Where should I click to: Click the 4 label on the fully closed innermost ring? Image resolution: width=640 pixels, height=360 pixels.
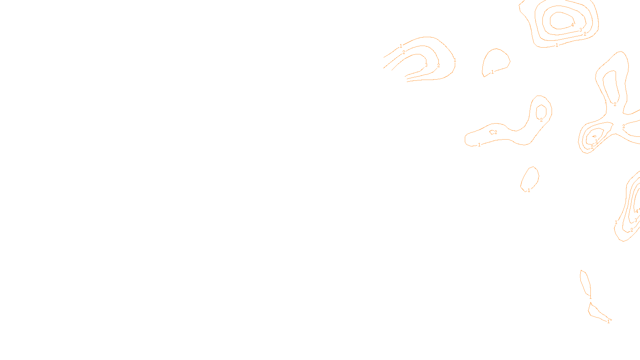(x=572, y=25)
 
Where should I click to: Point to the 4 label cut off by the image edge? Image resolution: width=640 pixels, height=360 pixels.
(x=637, y=211)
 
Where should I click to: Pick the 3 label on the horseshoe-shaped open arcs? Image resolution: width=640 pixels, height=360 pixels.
(x=426, y=65)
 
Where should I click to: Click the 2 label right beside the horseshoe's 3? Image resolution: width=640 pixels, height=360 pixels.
(x=438, y=65)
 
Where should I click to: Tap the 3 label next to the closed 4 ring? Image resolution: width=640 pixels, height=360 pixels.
(x=580, y=30)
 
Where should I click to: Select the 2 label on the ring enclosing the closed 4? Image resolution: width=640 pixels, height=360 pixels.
(x=585, y=34)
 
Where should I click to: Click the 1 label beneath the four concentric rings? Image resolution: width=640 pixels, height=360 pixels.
(x=557, y=45)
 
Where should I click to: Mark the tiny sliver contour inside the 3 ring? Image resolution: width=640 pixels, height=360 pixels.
(x=594, y=136)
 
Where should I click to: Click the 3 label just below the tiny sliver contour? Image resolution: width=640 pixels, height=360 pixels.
(x=596, y=141)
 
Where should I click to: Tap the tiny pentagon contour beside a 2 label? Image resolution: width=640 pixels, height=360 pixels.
(x=492, y=132)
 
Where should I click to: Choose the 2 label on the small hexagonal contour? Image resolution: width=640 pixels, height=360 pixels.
(x=541, y=120)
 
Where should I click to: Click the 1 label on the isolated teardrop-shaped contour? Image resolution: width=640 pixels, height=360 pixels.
(x=492, y=72)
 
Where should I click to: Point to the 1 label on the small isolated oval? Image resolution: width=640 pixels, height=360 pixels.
(x=529, y=190)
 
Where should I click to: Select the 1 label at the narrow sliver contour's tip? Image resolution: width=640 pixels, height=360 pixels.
(x=590, y=297)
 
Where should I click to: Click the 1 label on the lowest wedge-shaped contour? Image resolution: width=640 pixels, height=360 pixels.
(x=608, y=321)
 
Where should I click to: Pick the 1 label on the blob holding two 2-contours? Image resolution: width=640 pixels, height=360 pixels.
(x=479, y=145)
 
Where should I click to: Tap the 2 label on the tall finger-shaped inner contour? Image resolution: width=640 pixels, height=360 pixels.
(x=615, y=104)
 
